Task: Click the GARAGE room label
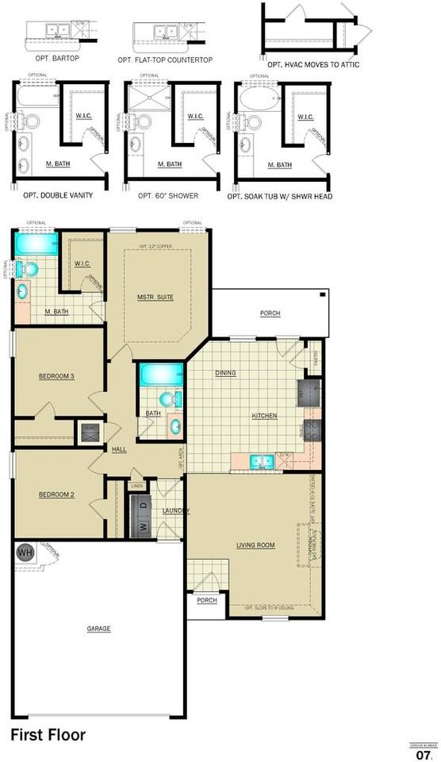tap(98, 629)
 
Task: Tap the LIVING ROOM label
tap(255, 545)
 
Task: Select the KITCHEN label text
tap(264, 416)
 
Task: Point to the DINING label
tap(226, 372)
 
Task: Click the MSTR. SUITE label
tap(155, 297)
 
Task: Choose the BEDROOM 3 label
tap(56, 376)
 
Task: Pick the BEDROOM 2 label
tap(56, 495)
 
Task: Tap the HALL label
tap(120, 449)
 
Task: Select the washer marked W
tap(143, 525)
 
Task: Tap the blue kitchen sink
tap(260, 460)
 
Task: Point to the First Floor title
tap(48, 735)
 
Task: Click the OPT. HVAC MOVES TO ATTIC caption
tap(313, 64)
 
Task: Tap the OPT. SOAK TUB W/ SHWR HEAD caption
tap(279, 196)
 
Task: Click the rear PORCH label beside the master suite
tap(270, 314)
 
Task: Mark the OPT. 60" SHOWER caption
tap(168, 195)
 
